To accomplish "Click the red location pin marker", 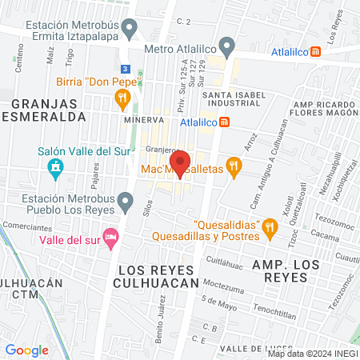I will click(x=180, y=162).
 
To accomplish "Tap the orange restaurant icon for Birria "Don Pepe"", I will click(x=122, y=100).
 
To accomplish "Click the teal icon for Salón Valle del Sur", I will click(x=55, y=167).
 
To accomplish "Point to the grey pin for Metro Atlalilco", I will click(x=227, y=46).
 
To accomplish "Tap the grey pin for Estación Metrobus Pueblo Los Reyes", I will click(x=125, y=200).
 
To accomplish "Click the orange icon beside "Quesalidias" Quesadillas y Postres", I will click(x=270, y=230).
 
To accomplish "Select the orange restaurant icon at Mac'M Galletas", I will click(x=234, y=167).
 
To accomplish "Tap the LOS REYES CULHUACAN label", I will click(x=156, y=276).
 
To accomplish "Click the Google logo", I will click(x=26, y=350).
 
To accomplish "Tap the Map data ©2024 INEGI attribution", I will click(x=311, y=354).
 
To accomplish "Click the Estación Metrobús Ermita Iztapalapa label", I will click(x=72, y=30).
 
